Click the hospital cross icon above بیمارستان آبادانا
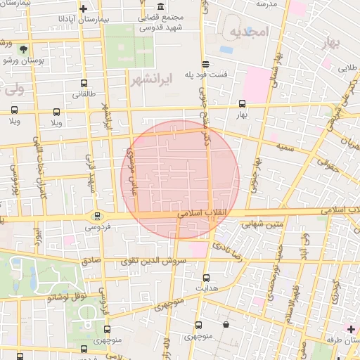(84, 9)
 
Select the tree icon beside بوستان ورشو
(25, 49)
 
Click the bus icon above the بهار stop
(242, 104)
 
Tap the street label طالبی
(347, 69)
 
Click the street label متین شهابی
(261, 225)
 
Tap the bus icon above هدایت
(205, 278)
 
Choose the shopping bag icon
(226, 325)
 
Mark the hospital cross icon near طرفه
(351, 328)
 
